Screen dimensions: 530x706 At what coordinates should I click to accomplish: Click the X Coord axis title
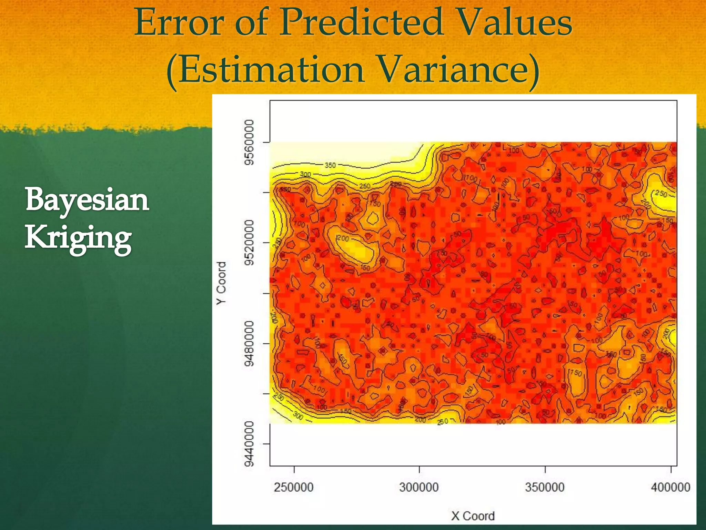click(x=473, y=516)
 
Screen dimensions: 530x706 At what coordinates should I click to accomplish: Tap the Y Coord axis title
click(x=221, y=283)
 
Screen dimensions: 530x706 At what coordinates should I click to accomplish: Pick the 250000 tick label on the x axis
click(x=294, y=487)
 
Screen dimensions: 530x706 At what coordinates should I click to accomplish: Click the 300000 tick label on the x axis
click(x=419, y=487)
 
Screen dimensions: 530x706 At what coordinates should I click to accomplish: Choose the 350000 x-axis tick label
click(x=545, y=487)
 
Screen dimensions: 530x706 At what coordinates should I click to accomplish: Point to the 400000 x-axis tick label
click(x=670, y=487)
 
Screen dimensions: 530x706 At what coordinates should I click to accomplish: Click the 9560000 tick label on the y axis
click(x=249, y=142)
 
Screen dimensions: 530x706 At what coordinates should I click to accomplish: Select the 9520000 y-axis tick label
click(x=249, y=243)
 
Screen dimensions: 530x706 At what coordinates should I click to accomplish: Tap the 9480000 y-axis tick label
click(x=249, y=343)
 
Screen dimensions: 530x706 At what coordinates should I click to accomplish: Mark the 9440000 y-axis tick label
click(x=249, y=443)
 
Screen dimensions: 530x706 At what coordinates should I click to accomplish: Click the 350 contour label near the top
click(x=330, y=165)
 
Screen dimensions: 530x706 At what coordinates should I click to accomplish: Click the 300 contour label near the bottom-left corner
click(x=298, y=416)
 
